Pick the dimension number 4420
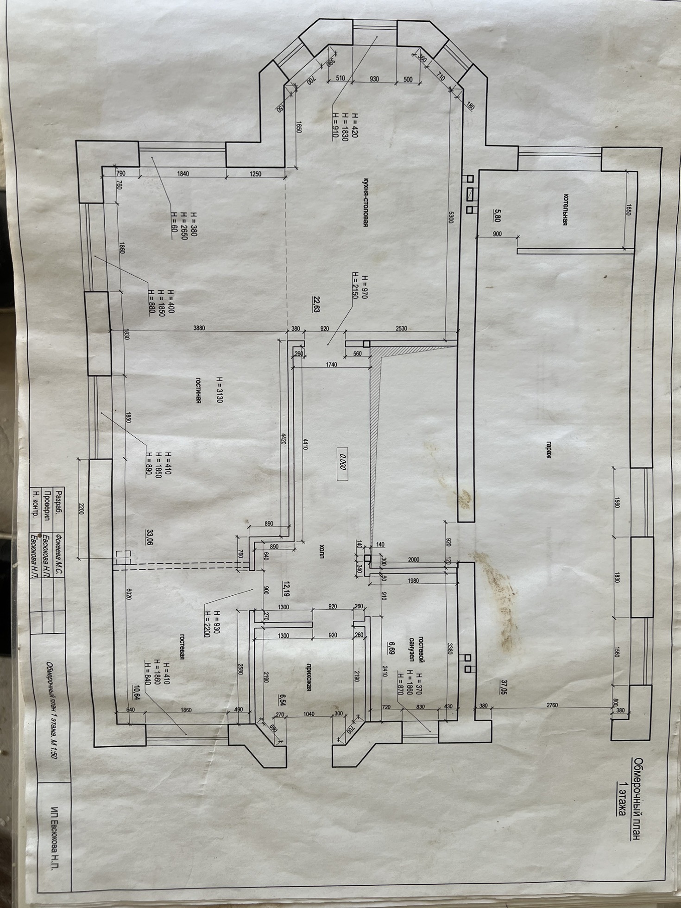click(283, 438)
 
